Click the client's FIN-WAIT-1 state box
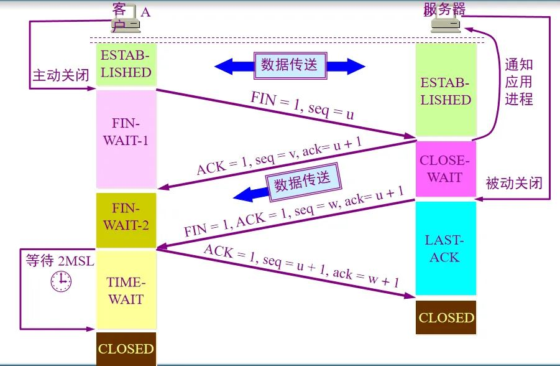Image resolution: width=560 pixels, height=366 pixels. click(126, 138)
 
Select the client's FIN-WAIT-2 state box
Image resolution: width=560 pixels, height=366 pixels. click(126, 220)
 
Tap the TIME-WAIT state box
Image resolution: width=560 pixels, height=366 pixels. click(126, 290)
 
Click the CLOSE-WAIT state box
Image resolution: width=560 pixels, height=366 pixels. click(445, 169)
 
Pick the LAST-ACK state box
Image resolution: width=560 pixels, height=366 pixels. click(445, 248)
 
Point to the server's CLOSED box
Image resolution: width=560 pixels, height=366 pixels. click(446, 317)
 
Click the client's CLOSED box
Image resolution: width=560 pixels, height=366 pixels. click(126, 349)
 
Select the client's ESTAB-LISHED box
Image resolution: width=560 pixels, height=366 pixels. click(126, 64)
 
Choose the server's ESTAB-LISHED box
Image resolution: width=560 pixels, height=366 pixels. click(445, 91)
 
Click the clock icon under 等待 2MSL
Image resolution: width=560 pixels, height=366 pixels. click(60, 282)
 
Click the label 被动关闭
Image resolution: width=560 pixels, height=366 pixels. click(514, 183)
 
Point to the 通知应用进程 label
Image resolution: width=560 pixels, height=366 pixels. click(519, 82)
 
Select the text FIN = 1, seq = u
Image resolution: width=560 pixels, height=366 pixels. click(302, 106)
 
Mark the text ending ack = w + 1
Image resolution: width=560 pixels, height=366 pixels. click(301, 265)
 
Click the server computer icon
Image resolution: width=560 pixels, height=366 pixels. click(446, 24)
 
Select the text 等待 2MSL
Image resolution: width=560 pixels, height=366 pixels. click(60, 260)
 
